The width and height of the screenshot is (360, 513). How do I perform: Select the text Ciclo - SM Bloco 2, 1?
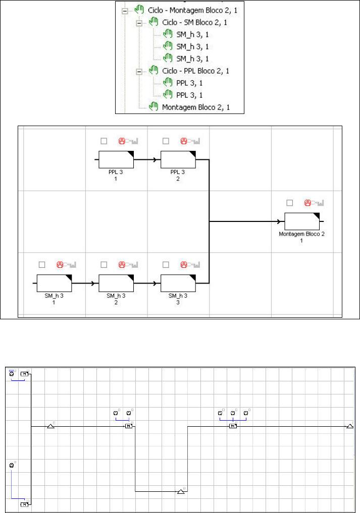click(x=194, y=23)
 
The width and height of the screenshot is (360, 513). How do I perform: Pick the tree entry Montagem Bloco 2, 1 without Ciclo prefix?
click(x=195, y=107)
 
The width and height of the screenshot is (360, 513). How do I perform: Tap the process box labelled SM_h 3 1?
click(x=54, y=283)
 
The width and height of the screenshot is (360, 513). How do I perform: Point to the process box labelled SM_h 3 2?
click(x=116, y=283)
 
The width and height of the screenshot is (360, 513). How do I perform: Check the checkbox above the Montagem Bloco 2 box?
click(x=289, y=203)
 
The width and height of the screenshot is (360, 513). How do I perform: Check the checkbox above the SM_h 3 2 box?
click(x=104, y=264)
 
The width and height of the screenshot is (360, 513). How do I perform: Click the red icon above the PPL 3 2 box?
click(x=184, y=141)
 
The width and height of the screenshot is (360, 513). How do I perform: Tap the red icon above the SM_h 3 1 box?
click(x=60, y=264)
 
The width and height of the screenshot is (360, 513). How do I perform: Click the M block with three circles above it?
click(x=232, y=426)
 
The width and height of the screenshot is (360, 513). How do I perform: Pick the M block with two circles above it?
click(x=129, y=426)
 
